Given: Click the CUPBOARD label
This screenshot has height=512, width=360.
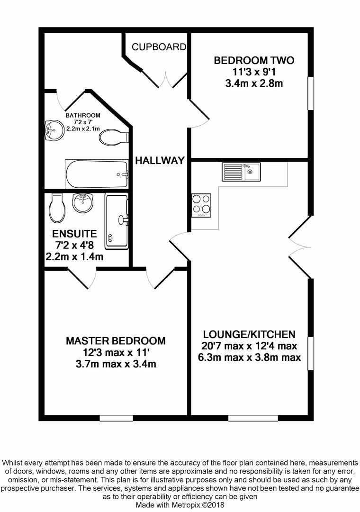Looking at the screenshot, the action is click(x=159, y=47).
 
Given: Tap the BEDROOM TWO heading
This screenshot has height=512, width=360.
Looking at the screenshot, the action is click(x=254, y=60).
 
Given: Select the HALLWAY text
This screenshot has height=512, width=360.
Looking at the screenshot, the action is click(x=160, y=160).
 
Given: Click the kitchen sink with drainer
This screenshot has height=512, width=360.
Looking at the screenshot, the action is click(x=241, y=172).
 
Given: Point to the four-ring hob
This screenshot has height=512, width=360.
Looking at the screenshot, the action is click(x=201, y=205).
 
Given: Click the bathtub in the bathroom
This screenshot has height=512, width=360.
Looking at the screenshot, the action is click(x=97, y=174).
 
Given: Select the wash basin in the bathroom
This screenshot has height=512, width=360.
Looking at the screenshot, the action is click(x=54, y=130).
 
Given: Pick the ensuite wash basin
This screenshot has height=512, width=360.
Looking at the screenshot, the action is click(x=83, y=203).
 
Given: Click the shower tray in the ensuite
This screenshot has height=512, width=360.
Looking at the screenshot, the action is click(x=117, y=221).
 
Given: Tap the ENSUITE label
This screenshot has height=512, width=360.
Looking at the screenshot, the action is click(x=74, y=234).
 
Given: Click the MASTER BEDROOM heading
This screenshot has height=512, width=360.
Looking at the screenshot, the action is click(x=116, y=341).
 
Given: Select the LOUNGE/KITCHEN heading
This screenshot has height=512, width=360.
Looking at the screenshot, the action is click(x=249, y=334).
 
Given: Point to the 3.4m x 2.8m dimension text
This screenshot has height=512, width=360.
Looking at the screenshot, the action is click(x=254, y=83).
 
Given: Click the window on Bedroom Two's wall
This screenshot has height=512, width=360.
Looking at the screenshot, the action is click(x=311, y=93).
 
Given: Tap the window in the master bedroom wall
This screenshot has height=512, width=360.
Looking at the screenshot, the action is click(x=116, y=418).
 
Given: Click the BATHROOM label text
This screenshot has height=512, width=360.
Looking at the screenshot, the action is click(x=83, y=115).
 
